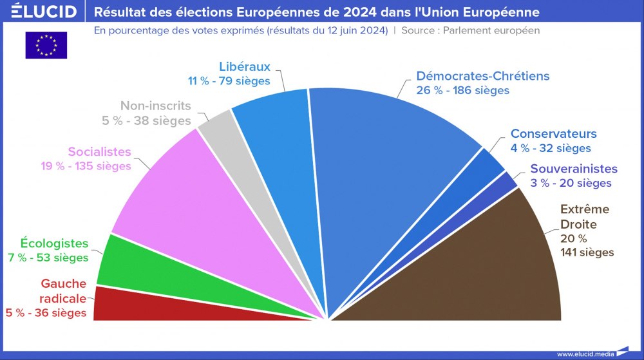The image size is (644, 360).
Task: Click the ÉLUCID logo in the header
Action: pos(39,12)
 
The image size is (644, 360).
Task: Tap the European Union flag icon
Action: pos(46,45)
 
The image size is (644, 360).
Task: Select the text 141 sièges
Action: pos(587,252)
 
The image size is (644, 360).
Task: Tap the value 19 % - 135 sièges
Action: pos(85,166)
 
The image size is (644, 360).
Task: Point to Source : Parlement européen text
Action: pos(470,30)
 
